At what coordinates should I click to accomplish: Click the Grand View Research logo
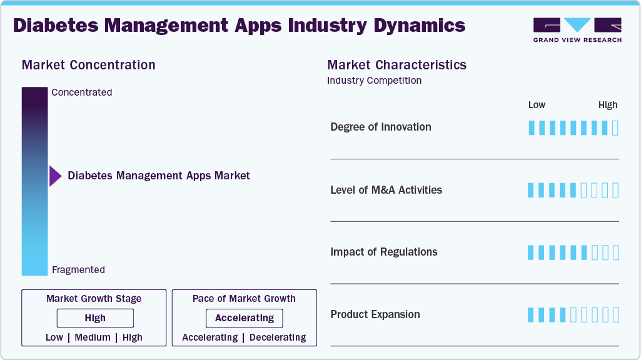click(x=577, y=30)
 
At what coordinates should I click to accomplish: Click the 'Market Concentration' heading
click(x=88, y=65)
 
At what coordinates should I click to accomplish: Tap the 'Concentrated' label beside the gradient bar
click(x=81, y=92)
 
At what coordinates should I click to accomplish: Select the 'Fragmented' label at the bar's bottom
click(x=78, y=270)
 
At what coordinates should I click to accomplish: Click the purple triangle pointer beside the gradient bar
click(x=55, y=176)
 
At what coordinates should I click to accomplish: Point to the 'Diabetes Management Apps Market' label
click(x=158, y=176)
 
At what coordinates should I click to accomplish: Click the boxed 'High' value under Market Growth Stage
click(x=95, y=318)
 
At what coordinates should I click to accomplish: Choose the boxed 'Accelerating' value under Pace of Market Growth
click(x=244, y=318)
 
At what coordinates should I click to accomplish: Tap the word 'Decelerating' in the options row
click(x=278, y=337)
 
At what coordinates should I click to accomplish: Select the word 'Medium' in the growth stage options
click(x=93, y=337)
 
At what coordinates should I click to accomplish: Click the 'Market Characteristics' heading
click(x=396, y=65)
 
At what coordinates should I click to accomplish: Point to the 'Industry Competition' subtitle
click(x=374, y=81)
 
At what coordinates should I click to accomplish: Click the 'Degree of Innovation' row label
click(x=380, y=127)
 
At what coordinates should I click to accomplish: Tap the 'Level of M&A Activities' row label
click(x=386, y=190)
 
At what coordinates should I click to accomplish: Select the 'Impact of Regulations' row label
click(x=383, y=252)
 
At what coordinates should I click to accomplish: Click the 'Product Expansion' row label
click(x=375, y=314)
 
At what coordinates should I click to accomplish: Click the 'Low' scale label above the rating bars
click(x=537, y=105)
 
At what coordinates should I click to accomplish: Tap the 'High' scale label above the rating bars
click(x=607, y=105)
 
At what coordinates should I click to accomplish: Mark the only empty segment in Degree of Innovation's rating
click(x=615, y=128)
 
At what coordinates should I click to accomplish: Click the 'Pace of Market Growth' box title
click(x=244, y=299)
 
